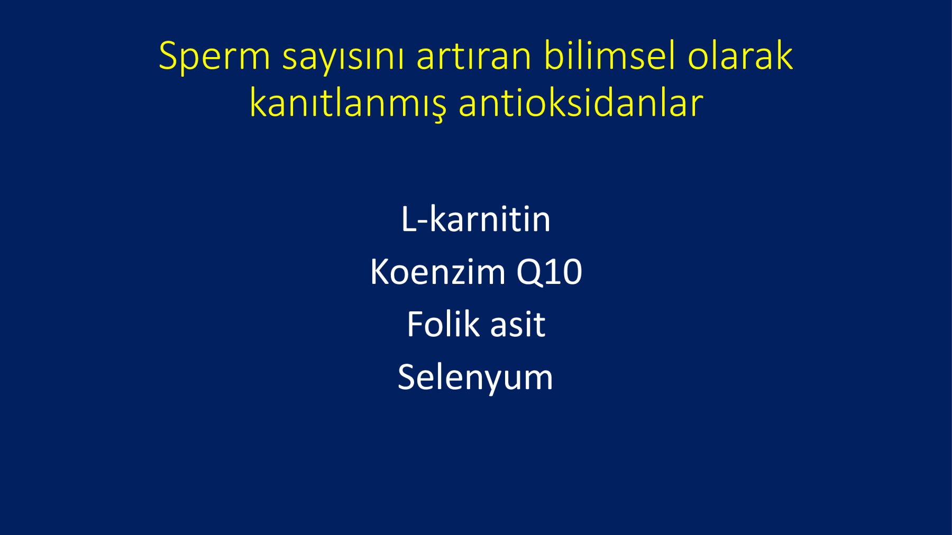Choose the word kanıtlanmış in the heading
(348, 103)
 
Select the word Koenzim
(438, 272)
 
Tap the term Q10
(549, 273)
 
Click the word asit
(517, 324)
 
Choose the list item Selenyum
(475, 378)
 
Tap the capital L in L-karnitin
(410, 219)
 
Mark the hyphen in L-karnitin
(424, 223)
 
